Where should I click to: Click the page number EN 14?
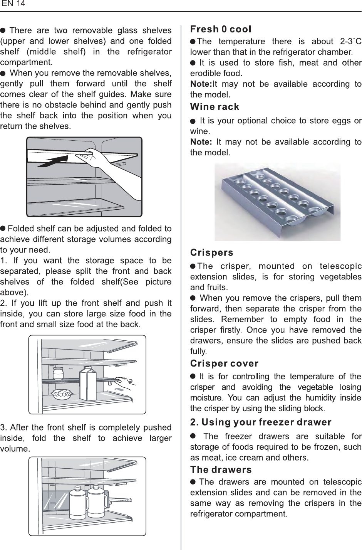[x=13, y=4]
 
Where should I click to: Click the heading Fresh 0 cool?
[x=221, y=29]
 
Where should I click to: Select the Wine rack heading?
[x=215, y=106]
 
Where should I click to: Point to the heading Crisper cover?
[x=225, y=363]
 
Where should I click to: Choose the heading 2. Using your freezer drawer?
[x=261, y=422]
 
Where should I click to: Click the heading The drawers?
[x=221, y=470]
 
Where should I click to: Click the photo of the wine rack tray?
[x=277, y=201]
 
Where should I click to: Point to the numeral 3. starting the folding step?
[x=3, y=428]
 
